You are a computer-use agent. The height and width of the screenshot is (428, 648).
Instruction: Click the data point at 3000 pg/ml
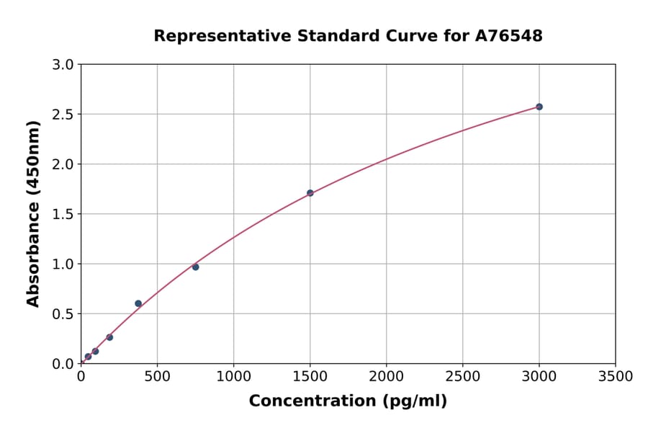click(x=539, y=107)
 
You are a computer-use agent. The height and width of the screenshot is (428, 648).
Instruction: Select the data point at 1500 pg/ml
click(x=310, y=193)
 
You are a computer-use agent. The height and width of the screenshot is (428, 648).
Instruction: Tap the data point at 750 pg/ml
click(x=195, y=267)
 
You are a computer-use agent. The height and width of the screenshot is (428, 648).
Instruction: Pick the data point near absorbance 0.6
click(x=138, y=303)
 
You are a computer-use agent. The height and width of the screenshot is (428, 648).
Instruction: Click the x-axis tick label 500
click(x=157, y=376)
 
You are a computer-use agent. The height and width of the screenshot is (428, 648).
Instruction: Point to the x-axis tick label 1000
click(x=233, y=376)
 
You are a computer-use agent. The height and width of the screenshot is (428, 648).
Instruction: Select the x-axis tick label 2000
click(x=386, y=376)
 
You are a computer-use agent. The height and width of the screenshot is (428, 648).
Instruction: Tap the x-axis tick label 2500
click(x=462, y=376)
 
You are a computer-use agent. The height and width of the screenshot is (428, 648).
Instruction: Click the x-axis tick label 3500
click(x=615, y=376)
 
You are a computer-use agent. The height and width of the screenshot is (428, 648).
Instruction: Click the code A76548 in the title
click(x=510, y=36)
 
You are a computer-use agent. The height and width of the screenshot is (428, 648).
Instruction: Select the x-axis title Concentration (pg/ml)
click(x=348, y=401)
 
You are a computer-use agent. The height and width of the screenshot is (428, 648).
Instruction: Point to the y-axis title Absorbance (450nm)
click(x=33, y=213)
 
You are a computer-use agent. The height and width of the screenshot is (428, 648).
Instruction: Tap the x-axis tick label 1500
click(x=310, y=376)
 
